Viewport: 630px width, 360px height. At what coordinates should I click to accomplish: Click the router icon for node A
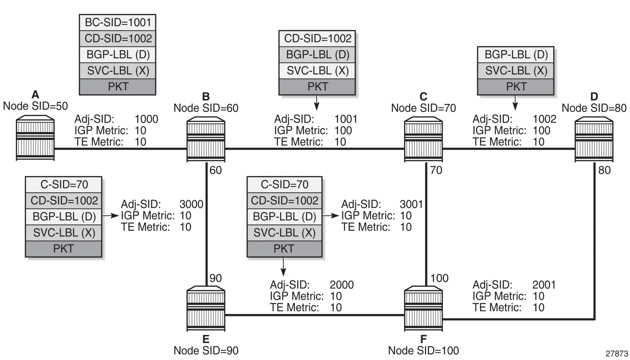coord(35,138)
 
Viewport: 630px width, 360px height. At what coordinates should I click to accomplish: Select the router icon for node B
coord(206,139)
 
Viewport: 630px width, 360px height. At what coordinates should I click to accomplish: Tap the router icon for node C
coord(423,139)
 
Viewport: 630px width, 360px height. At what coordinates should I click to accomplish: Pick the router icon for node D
coord(594,139)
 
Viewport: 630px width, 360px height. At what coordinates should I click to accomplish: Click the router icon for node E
coord(206,309)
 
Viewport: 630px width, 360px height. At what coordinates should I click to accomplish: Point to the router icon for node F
coord(423,309)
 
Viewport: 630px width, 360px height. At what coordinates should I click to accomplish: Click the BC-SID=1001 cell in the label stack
coord(118,22)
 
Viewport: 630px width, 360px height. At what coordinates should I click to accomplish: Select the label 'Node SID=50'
coord(35,106)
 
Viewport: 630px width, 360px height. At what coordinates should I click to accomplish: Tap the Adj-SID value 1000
coord(147,119)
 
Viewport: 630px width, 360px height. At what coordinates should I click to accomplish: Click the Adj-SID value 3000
coord(191,204)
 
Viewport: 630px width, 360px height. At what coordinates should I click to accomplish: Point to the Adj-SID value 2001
coord(544,285)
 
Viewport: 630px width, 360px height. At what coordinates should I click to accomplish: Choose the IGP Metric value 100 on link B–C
coord(343,130)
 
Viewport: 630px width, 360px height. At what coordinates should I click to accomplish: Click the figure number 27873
coord(617,354)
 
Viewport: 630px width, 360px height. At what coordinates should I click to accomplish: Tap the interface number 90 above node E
coord(215,278)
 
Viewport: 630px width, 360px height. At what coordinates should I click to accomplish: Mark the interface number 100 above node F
coord(439,278)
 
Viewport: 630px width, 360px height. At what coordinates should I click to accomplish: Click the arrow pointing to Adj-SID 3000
coord(110,216)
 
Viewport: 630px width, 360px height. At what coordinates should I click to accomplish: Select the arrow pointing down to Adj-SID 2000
coord(283,267)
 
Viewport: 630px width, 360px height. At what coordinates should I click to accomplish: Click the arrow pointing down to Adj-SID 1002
coord(515,103)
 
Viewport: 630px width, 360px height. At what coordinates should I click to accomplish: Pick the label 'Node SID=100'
coord(423,350)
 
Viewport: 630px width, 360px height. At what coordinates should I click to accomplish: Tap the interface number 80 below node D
coord(604,170)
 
